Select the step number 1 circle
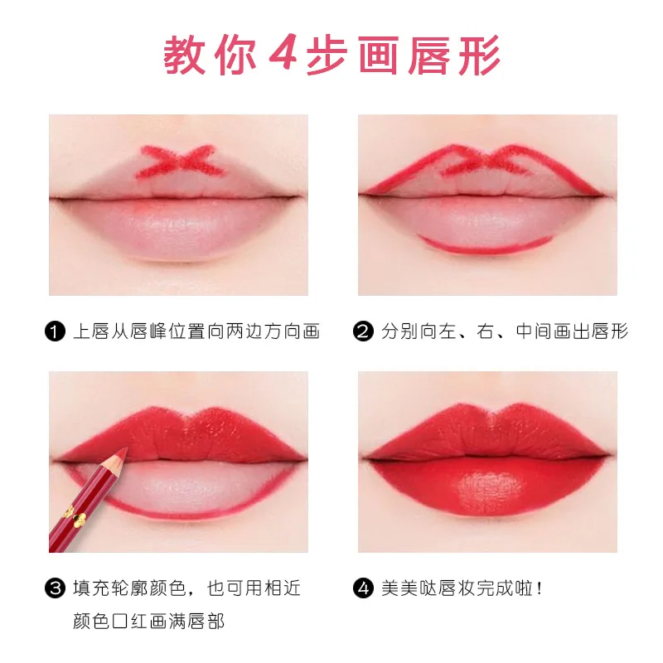[x=56, y=333]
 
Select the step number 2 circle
[x=364, y=333]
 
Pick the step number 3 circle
[x=56, y=590]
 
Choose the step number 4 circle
[x=364, y=590]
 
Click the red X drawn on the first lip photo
[x=175, y=162]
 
